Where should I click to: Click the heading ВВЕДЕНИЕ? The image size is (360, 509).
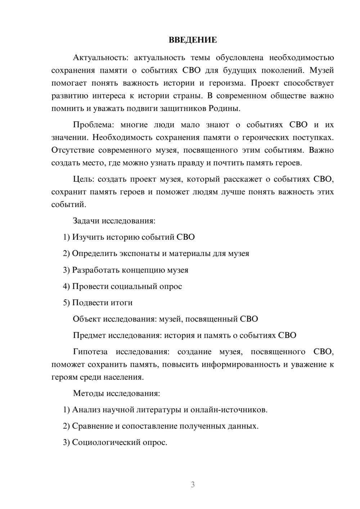pyautogui.click(x=193, y=40)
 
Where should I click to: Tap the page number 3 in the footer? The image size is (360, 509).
pyautogui.click(x=193, y=485)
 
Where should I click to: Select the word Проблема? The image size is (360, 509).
pyautogui.click(x=93, y=125)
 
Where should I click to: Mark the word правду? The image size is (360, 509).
pyautogui.click(x=191, y=163)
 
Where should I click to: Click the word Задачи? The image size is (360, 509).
pyautogui.click(x=86, y=221)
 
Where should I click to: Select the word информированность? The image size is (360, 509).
pyautogui.click(x=240, y=364)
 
